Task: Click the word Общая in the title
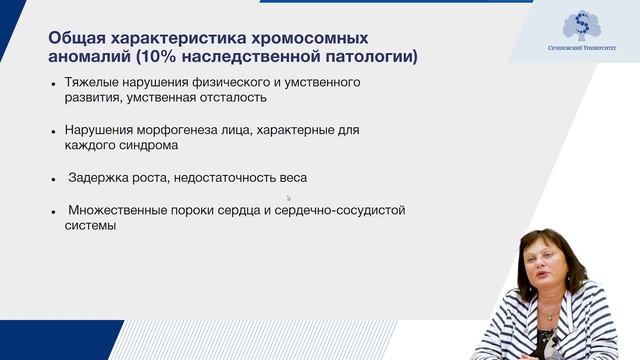click(77, 37)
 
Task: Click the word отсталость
click(232, 98)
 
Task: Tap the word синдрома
click(149, 145)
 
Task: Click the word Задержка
click(97, 177)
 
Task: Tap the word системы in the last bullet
click(83, 226)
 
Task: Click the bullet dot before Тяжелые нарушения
click(54, 83)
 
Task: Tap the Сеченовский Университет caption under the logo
click(580, 59)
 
